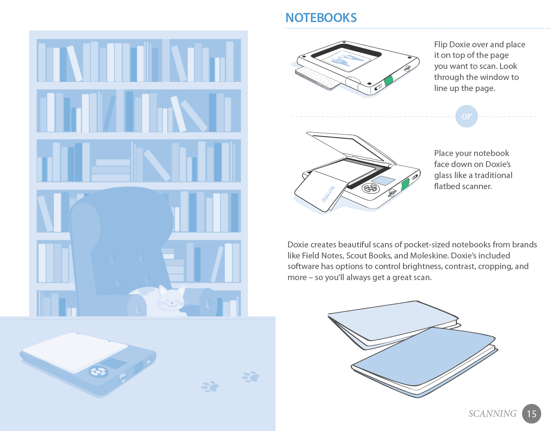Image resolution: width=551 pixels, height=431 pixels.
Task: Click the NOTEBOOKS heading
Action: (x=321, y=18)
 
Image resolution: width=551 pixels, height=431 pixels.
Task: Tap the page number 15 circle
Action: (x=531, y=414)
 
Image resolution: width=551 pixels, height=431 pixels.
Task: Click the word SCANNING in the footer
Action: (x=492, y=414)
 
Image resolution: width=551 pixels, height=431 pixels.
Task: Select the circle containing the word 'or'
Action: (x=466, y=116)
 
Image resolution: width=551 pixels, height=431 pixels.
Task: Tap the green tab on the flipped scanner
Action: (x=388, y=81)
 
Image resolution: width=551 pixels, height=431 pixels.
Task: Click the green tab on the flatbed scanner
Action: (x=405, y=184)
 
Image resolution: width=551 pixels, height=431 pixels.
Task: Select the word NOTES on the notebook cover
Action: (x=328, y=194)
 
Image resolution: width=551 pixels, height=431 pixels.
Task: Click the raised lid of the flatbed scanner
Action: (x=351, y=147)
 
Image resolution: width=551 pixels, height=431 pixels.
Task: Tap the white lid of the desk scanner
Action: (x=75, y=351)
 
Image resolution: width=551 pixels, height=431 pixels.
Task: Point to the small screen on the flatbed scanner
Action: (x=383, y=180)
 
